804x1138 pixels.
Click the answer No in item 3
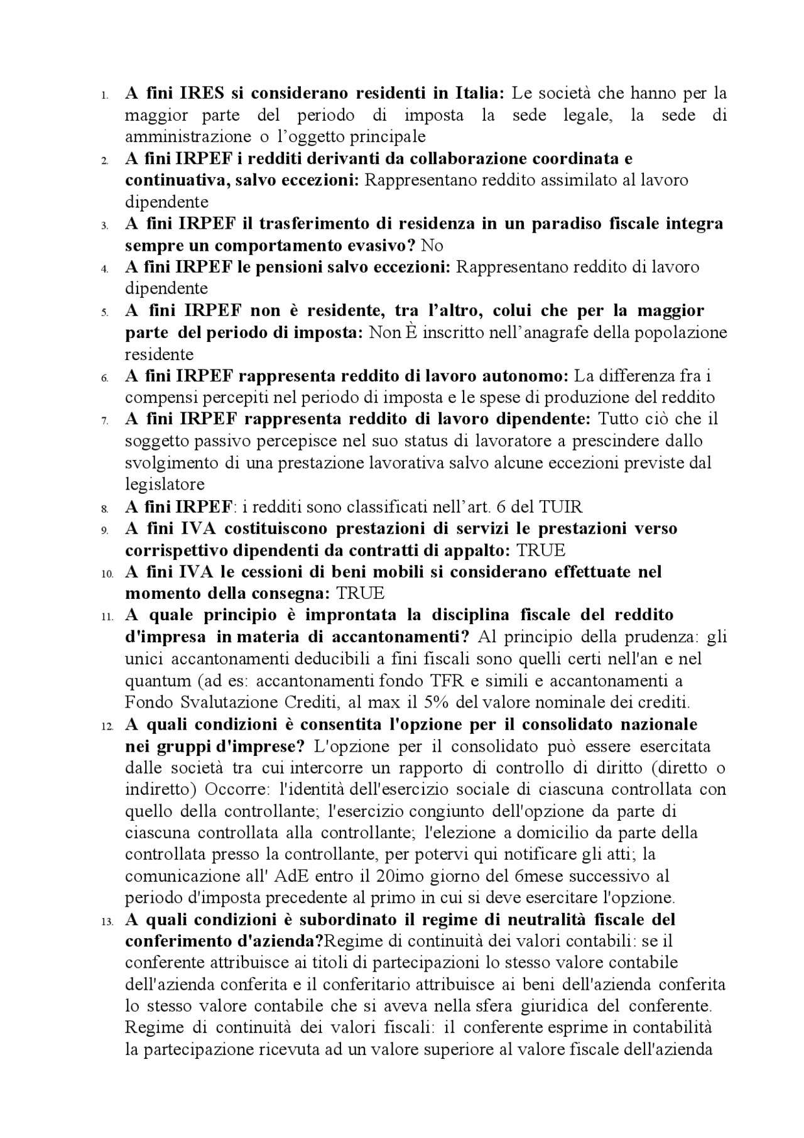(x=432, y=245)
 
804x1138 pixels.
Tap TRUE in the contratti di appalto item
(x=540, y=550)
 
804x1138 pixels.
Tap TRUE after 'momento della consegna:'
(x=360, y=593)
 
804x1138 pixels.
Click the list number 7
(x=104, y=420)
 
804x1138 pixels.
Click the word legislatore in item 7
(x=165, y=484)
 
